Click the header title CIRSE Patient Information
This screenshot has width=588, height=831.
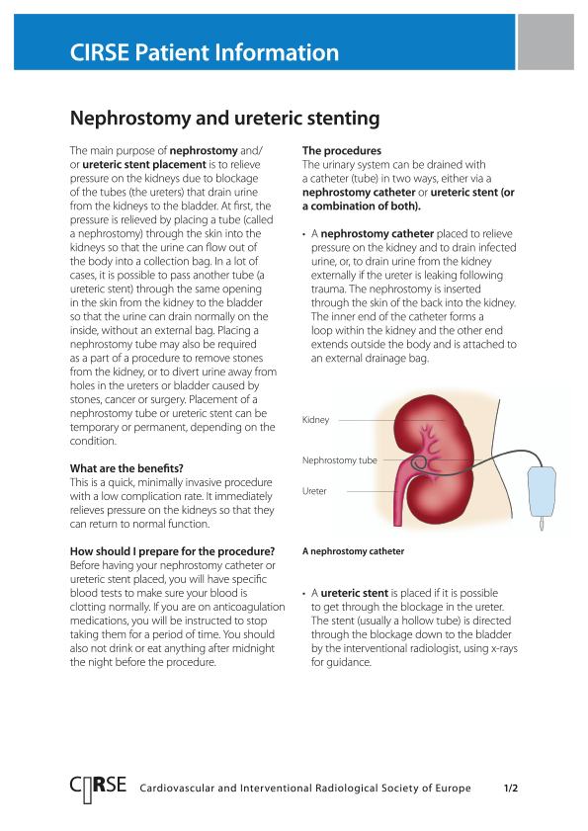pyautogui.click(x=205, y=52)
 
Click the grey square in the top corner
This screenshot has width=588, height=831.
pyautogui.click(x=546, y=42)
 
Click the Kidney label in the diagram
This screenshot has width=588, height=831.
pyautogui.click(x=315, y=421)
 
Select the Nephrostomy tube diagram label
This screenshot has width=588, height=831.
pyautogui.click(x=339, y=460)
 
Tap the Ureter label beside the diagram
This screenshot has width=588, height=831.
pyautogui.click(x=314, y=491)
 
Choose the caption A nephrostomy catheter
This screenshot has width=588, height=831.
pyautogui.click(x=353, y=551)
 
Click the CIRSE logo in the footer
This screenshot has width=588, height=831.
pyautogui.click(x=98, y=788)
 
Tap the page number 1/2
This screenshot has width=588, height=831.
pyautogui.click(x=511, y=789)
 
